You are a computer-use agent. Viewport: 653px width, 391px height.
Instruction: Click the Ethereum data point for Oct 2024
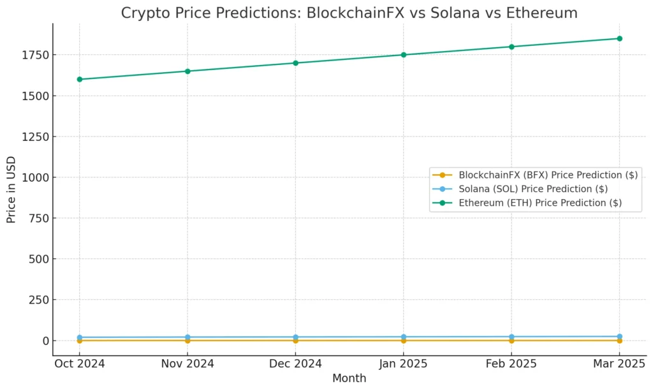(x=80, y=79)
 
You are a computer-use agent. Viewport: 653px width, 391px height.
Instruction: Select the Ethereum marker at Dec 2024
(x=295, y=63)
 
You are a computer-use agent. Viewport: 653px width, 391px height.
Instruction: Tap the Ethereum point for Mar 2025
(x=619, y=38)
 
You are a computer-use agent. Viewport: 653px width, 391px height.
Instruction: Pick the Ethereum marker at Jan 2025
(x=403, y=55)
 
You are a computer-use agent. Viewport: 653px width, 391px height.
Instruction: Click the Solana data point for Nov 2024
(x=187, y=337)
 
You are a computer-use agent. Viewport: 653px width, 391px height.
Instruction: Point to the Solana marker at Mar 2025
(x=619, y=336)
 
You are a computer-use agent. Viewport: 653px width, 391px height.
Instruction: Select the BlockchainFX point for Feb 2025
(x=511, y=341)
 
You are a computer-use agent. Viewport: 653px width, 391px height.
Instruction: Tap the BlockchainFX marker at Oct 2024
(x=80, y=341)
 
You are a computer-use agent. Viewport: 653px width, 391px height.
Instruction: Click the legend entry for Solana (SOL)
(x=532, y=189)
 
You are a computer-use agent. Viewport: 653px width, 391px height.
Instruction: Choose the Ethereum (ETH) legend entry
(x=539, y=203)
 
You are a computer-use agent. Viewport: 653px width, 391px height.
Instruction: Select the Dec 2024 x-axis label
(x=295, y=364)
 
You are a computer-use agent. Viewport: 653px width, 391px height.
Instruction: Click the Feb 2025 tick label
(x=511, y=364)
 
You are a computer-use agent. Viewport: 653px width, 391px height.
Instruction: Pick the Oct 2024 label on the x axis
(x=80, y=364)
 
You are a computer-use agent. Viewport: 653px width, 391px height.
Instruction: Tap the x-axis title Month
(x=349, y=378)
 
